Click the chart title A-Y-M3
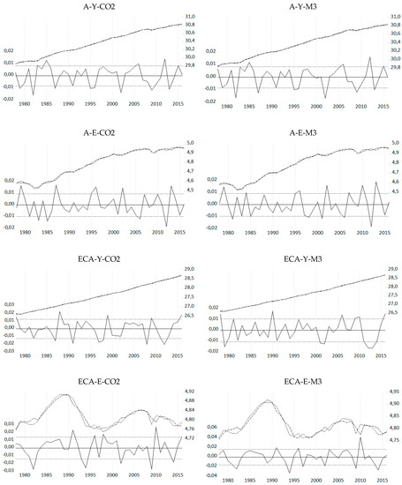(x=303, y=7)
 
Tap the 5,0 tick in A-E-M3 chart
(x=393, y=143)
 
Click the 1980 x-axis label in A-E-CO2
(x=27, y=233)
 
